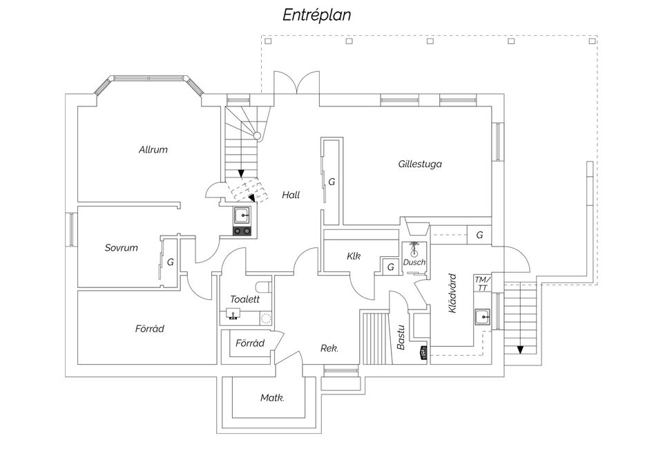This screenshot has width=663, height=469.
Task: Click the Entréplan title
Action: (317, 15)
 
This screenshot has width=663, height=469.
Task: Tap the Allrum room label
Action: (153, 149)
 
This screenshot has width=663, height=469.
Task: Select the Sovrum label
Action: (122, 248)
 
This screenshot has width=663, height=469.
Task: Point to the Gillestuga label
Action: (420, 164)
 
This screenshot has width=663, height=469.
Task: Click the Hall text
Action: (291, 195)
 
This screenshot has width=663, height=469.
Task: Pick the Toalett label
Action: (244, 299)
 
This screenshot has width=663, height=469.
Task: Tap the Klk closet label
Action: (354, 256)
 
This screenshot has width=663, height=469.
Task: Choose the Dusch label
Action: (414, 262)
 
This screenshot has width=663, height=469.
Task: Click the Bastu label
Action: (401, 337)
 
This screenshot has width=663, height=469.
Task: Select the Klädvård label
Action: (453, 293)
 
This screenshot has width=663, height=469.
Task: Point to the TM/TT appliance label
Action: (483, 284)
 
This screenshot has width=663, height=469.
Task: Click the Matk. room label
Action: (272, 398)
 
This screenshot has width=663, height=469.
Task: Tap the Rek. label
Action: (329, 349)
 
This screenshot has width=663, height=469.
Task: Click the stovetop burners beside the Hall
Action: (242, 231)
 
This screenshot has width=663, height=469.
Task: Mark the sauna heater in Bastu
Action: (423, 353)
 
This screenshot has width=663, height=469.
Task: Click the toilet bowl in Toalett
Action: (265, 287)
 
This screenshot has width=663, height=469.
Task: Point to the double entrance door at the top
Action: (296, 82)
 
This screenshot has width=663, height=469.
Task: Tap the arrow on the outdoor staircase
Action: (520, 350)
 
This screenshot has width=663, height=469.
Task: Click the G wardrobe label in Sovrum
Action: (171, 262)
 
